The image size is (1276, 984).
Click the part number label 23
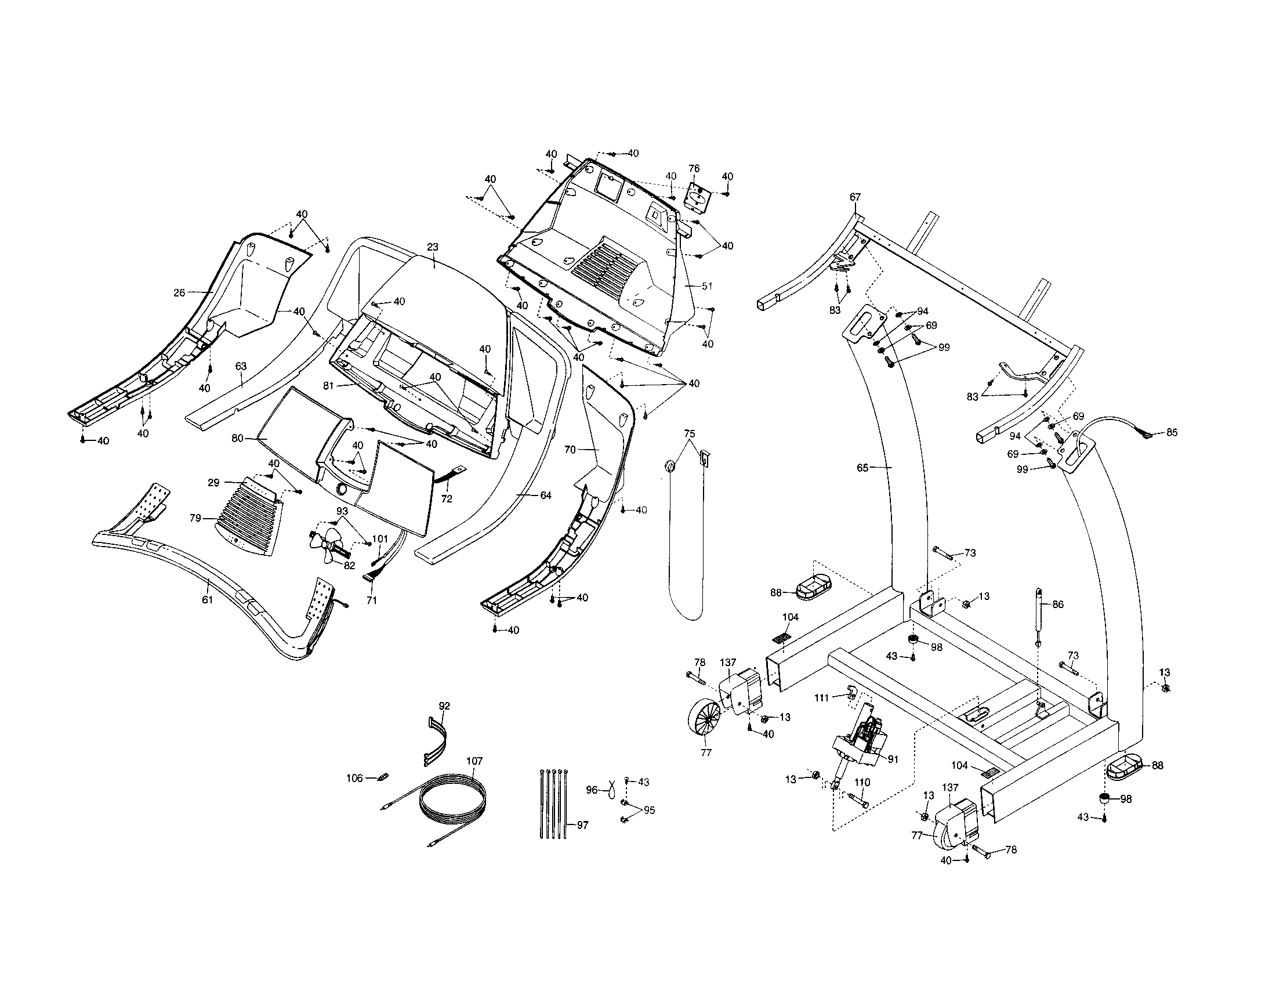432,247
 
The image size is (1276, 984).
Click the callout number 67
855,197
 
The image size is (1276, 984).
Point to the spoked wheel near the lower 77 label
705,723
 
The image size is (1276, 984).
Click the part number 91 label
893,759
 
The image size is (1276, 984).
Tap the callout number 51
707,286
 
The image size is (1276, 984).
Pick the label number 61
208,599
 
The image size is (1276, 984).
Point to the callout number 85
1172,433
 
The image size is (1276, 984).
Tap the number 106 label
354,777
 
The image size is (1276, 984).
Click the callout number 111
822,698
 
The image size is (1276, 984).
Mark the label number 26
180,292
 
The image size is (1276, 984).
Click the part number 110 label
862,783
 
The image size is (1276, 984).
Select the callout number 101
380,539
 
